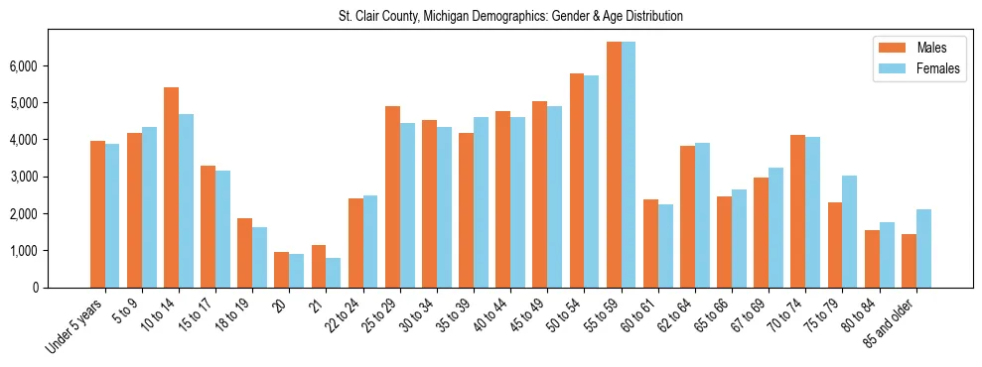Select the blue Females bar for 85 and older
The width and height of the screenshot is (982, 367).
[923, 248]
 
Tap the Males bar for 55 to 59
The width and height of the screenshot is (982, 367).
[614, 165]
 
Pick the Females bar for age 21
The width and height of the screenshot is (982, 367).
[334, 273]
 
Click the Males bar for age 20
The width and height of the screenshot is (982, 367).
[282, 270]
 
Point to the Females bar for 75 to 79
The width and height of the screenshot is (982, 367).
[850, 231]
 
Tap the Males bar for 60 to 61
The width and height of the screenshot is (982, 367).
[650, 243]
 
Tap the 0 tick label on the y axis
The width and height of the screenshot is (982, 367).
[37, 288]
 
